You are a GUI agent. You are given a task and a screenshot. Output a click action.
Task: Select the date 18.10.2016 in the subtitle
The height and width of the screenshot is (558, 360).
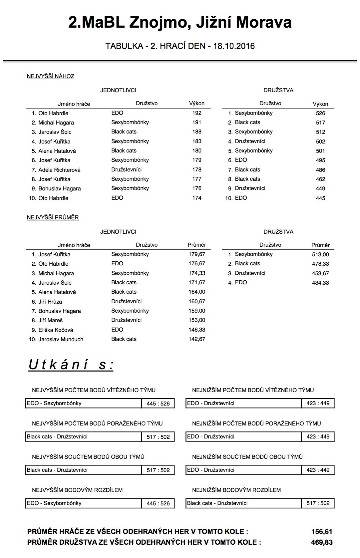click(234, 46)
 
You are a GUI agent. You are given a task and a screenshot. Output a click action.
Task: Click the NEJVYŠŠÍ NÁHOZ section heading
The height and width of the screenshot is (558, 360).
click(50, 76)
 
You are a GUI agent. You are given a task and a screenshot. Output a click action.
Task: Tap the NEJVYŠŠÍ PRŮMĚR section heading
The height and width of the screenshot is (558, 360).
click(53, 217)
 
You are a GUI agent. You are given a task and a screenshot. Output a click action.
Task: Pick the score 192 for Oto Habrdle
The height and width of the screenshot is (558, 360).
click(197, 113)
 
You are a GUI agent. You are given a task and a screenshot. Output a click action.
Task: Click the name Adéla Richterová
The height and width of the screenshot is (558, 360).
click(59, 170)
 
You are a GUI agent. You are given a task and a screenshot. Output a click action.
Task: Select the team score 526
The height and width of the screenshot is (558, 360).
click(320, 113)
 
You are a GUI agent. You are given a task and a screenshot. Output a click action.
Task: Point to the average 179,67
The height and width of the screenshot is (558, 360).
click(197, 254)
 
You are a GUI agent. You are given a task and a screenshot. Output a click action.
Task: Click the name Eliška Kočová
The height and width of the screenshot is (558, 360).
click(56, 330)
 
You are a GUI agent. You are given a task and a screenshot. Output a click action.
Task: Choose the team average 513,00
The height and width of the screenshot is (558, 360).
click(320, 254)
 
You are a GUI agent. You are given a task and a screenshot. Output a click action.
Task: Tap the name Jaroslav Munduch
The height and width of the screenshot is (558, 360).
click(61, 339)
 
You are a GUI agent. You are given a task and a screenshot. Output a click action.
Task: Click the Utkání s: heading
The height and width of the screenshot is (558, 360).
click(71, 365)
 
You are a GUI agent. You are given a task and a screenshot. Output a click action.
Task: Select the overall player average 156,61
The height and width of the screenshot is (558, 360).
click(322, 532)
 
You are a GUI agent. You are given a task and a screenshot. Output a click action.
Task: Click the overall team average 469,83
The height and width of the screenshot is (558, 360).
click(322, 542)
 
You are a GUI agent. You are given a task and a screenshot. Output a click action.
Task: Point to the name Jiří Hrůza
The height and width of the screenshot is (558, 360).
click(50, 302)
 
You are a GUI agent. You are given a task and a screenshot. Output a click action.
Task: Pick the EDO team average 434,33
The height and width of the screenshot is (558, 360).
click(320, 283)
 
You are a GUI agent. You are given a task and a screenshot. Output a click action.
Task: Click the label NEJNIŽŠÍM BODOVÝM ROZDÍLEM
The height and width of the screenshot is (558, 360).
click(236, 490)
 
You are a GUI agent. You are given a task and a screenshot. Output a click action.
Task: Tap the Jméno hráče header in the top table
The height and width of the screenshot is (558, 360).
click(74, 104)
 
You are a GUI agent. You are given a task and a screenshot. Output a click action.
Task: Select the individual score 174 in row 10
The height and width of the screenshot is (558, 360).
click(197, 198)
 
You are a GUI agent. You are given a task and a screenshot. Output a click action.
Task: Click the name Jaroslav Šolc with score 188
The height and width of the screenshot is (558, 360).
click(55, 132)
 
